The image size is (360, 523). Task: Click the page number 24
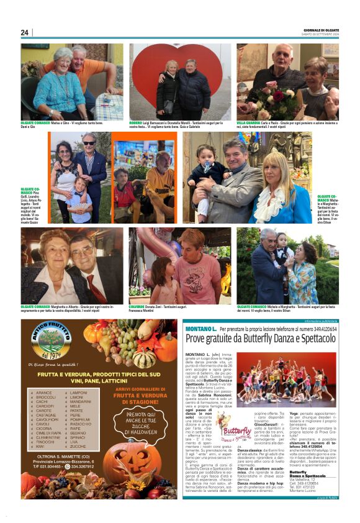(25, 32)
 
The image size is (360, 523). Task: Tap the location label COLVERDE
(139, 306)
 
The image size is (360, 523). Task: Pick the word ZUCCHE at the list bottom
(78, 446)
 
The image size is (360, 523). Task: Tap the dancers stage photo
(296, 381)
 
